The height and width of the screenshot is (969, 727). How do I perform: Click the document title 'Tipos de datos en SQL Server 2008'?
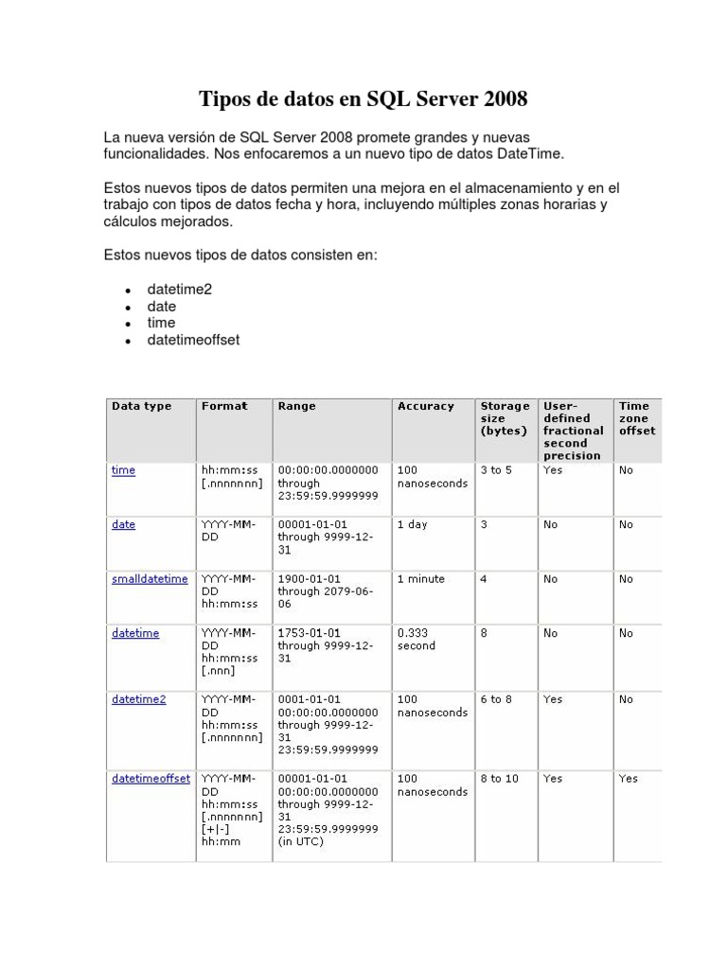click(363, 99)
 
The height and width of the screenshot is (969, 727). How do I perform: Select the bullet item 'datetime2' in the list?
click(180, 289)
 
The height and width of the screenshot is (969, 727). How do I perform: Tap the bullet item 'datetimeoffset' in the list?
click(193, 340)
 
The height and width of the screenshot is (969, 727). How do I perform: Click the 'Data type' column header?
click(141, 406)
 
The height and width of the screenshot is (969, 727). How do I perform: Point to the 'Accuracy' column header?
click(425, 406)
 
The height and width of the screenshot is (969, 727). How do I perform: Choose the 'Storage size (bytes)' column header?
click(505, 418)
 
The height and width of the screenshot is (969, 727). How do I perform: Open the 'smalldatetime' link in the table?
click(150, 579)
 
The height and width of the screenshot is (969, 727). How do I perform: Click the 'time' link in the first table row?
click(123, 470)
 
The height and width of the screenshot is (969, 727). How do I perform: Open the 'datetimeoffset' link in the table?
click(151, 779)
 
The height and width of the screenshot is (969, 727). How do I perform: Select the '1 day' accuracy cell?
click(412, 524)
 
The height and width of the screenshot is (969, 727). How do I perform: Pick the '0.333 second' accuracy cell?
click(417, 640)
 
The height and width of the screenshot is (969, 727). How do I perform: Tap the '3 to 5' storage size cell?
click(496, 470)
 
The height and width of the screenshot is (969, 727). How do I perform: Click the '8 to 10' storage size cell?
click(499, 779)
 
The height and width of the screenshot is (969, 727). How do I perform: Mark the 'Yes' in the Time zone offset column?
click(628, 779)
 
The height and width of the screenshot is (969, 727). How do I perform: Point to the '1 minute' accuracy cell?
click(420, 579)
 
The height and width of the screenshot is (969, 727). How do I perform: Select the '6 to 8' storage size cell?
click(496, 699)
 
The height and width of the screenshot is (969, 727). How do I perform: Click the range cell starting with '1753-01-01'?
click(325, 646)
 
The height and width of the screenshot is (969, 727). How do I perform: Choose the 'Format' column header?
click(223, 406)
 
